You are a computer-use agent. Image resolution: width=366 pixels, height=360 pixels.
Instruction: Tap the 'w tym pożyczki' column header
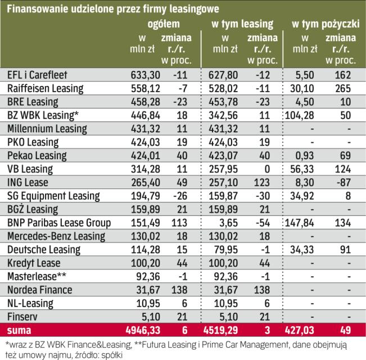click(x=323, y=24)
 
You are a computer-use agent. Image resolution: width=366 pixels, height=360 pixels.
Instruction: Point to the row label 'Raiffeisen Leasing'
click(x=45, y=89)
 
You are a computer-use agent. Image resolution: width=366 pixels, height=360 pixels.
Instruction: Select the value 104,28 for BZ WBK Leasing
click(x=301, y=115)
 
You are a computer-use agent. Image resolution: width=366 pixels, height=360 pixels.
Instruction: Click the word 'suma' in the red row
click(x=17, y=329)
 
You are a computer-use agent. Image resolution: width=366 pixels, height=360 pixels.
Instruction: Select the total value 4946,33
click(x=137, y=329)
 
